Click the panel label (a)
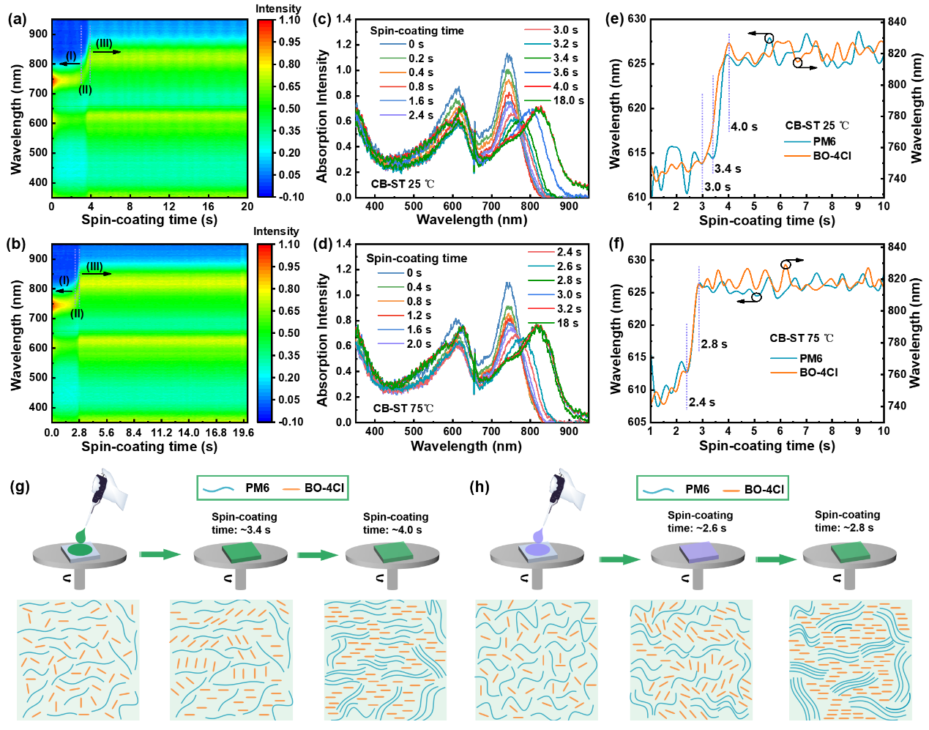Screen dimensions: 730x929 tap(17, 20)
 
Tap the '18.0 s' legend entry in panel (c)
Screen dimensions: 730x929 tap(568, 100)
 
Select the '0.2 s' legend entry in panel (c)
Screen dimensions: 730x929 tap(421, 59)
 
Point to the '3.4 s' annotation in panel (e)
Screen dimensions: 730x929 tap(728, 169)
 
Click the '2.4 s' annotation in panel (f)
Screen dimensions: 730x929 tap(701, 402)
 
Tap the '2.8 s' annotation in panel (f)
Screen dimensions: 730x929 tap(714, 344)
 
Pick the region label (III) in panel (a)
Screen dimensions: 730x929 tap(104, 44)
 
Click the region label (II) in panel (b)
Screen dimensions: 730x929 tap(77, 314)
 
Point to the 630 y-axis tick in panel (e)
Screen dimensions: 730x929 tap(637, 19)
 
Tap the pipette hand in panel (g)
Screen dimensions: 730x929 tap(111, 490)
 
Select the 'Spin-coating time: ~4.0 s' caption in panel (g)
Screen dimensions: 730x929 tap(395, 524)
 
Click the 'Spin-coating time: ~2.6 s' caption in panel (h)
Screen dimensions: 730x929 tap(700, 521)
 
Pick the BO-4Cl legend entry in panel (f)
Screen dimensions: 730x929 tap(818, 373)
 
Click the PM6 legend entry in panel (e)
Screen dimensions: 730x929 tap(824, 141)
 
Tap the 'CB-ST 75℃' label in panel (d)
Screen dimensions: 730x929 tap(403, 409)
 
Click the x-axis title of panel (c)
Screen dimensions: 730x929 tap(471, 219)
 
